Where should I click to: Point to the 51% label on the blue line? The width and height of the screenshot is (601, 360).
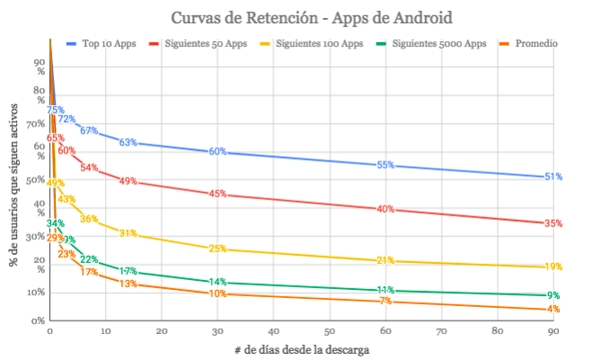coord(553,177)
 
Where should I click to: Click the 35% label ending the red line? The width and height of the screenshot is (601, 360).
coord(553,224)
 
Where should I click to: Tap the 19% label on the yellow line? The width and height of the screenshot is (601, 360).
coord(553,267)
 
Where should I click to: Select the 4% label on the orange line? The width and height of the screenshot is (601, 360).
coord(553,309)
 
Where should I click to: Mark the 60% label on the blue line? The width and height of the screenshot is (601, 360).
coord(217,151)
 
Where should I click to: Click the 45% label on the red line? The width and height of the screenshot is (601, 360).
coord(217,193)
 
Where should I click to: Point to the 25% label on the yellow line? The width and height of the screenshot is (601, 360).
coord(217,249)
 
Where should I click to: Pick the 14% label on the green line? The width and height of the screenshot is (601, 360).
coord(217,283)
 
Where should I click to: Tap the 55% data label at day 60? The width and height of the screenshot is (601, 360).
coord(385,165)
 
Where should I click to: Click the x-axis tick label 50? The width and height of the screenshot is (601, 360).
coord(329,332)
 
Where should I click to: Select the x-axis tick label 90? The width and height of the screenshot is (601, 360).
coord(553,332)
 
